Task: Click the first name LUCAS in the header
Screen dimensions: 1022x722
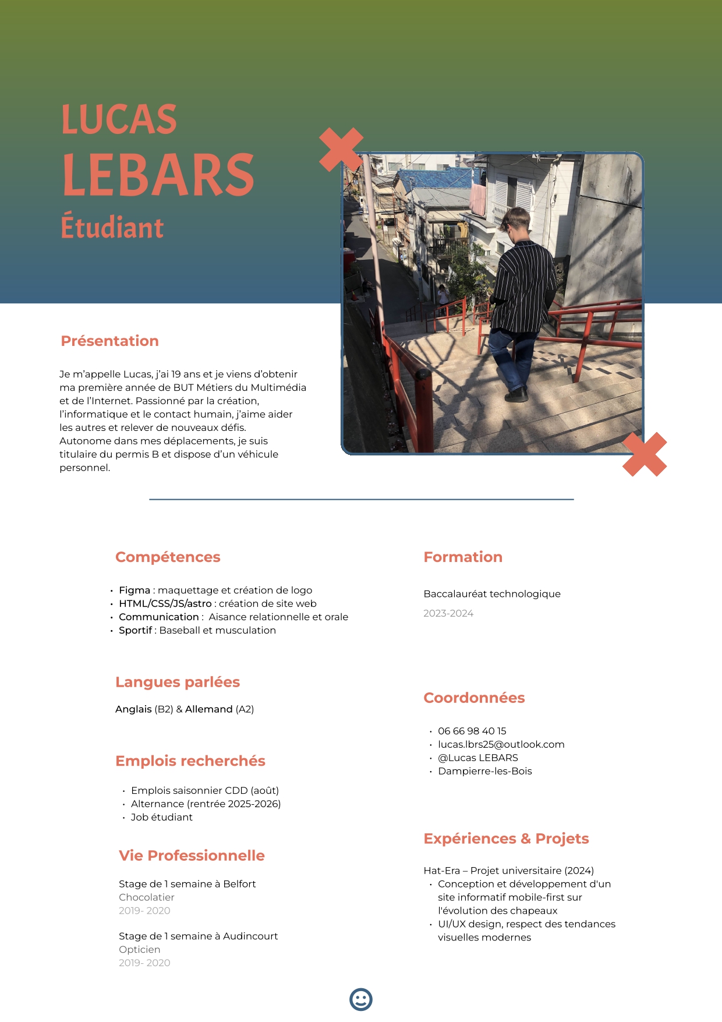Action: [x=119, y=119]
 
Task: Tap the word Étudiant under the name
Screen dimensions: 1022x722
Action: [x=112, y=228]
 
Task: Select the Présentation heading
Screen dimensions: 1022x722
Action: [x=109, y=341]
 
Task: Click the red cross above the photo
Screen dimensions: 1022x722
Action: [x=341, y=149]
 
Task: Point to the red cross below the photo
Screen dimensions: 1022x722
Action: [x=645, y=454]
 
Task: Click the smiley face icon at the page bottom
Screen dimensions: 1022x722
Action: [x=361, y=999]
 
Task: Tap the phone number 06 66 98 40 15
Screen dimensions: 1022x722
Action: [x=472, y=731]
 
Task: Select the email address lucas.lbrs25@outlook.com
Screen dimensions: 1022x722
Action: [x=501, y=744]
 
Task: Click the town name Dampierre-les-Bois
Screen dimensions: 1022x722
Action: [x=484, y=771]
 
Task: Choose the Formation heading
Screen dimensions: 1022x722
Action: [x=463, y=557]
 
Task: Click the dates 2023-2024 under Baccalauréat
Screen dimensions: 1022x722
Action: [x=448, y=613]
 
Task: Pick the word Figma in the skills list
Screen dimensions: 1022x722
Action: [x=135, y=590]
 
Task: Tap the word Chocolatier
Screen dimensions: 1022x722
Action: [x=147, y=897]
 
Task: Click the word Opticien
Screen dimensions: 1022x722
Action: [x=140, y=949]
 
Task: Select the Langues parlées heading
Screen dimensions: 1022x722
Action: [x=178, y=682]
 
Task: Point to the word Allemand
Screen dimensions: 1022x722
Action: [x=208, y=709]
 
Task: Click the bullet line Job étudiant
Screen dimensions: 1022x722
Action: [x=162, y=817]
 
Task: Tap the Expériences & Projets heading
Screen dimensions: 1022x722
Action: [x=506, y=839]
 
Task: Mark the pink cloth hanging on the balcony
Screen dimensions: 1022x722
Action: [x=478, y=199]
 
